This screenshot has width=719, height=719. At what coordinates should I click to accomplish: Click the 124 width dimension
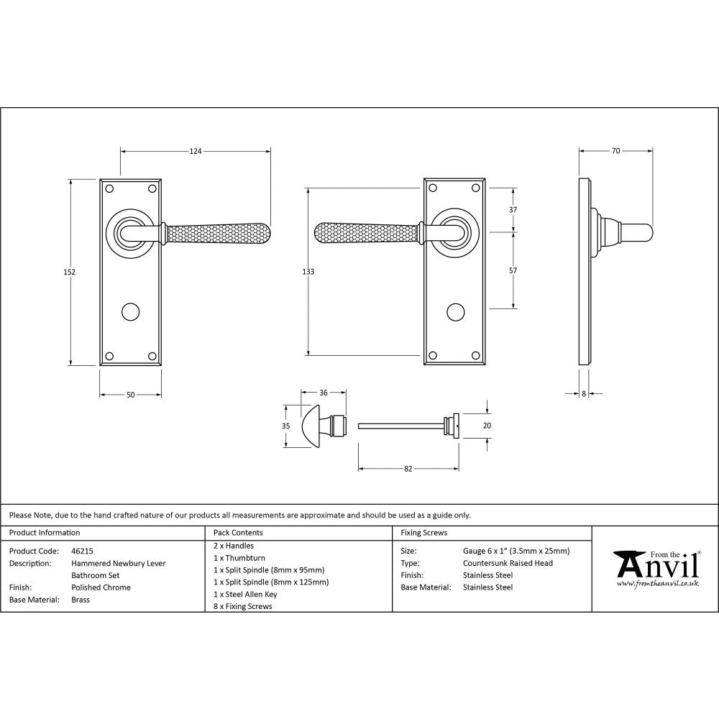196,151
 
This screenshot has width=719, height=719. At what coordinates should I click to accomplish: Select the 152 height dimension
70,272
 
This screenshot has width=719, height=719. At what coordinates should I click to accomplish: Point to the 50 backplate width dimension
130,394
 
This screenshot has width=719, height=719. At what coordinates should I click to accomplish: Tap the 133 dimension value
308,272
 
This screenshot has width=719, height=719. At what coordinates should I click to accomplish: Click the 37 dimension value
513,210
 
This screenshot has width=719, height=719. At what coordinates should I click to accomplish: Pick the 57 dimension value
513,271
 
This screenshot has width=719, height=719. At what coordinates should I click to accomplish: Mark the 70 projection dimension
615,151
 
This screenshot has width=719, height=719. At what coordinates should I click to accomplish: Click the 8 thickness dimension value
583,394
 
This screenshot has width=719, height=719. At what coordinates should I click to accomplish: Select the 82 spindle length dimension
408,469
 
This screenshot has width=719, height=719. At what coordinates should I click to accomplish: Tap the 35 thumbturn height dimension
285,426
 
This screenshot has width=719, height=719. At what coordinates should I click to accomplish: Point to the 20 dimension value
487,426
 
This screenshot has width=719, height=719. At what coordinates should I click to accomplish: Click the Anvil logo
656,566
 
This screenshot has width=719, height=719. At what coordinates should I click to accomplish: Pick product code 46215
83,551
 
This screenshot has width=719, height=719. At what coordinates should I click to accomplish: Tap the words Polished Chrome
101,587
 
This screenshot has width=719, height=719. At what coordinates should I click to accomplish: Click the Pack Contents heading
238,533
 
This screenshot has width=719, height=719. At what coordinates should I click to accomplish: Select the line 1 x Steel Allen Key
245,594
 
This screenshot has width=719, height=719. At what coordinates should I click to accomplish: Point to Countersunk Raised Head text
508,563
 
